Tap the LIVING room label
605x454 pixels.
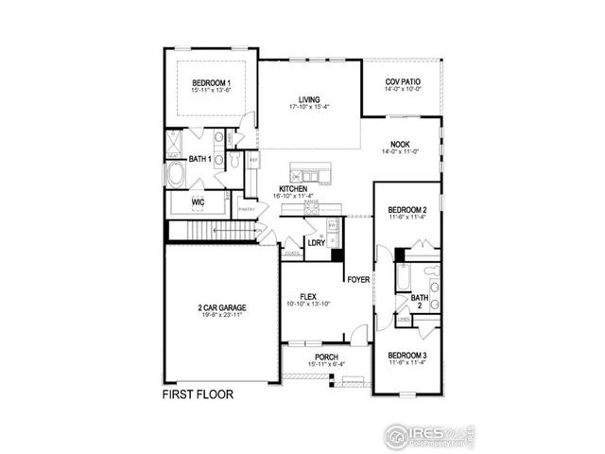[308, 99]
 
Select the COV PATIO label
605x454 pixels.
[403, 83]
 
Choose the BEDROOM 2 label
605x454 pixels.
[408, 209]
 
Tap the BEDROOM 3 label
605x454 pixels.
[407, 356]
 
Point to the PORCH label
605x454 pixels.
[313, 358]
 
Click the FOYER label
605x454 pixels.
[357, 279]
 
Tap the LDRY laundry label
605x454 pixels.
[317, 242]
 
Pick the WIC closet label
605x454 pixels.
[199, 202]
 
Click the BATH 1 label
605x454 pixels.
[199, 159]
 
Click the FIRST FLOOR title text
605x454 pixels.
[198, 393]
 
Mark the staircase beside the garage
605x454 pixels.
[213, 231]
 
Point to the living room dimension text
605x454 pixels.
[308, 107]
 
